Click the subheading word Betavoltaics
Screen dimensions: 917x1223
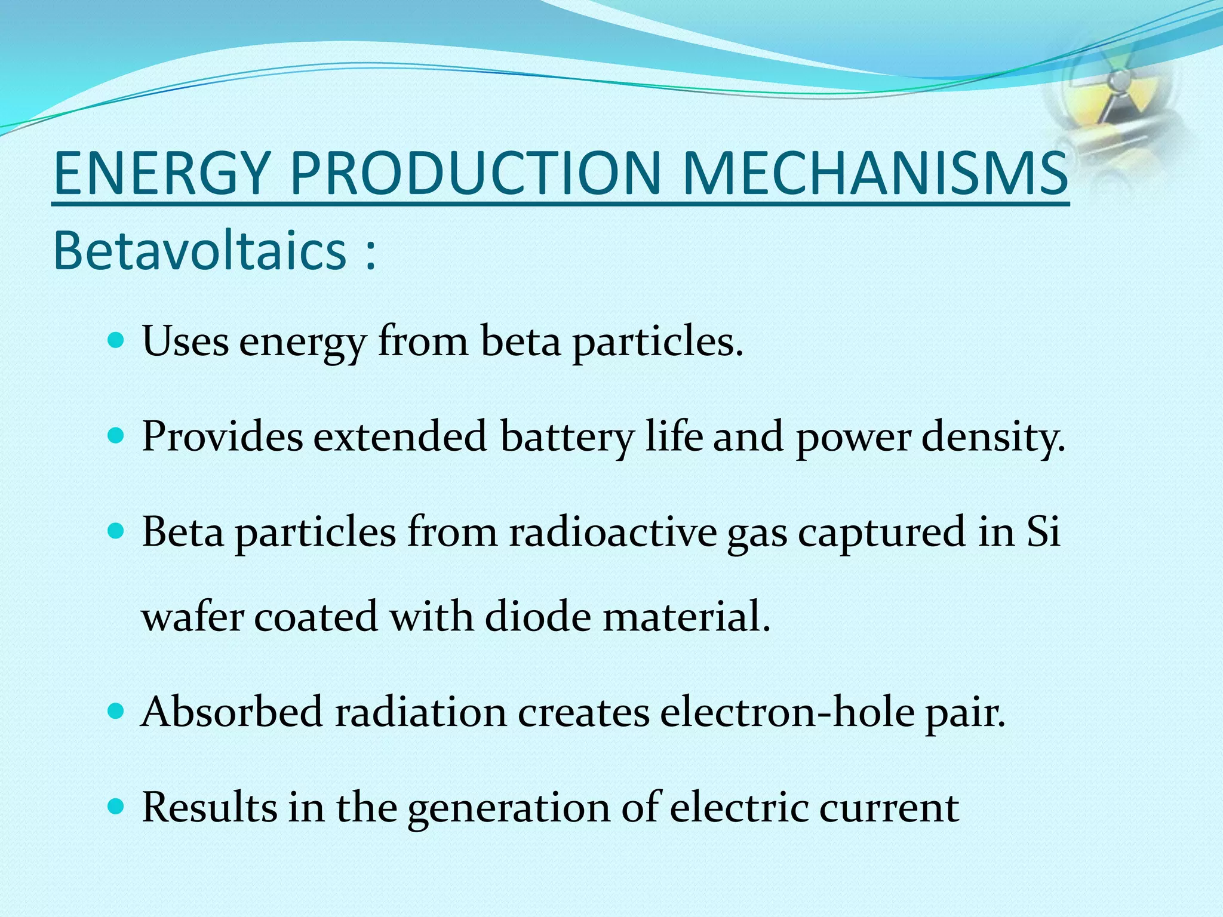200,251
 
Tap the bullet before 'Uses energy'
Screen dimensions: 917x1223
116,341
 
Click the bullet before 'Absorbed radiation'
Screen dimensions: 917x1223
116,712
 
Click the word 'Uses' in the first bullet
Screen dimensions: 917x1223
185,341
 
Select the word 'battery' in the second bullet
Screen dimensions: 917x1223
567,436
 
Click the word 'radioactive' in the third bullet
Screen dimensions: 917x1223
613,531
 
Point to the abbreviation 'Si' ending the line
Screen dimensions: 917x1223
1043,531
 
